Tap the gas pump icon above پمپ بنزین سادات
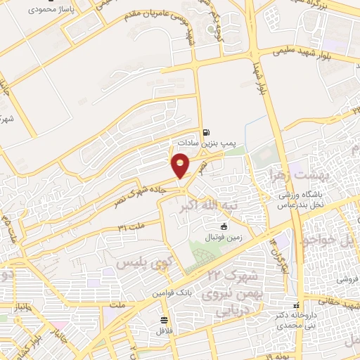click(206, 131)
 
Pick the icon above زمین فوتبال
click(224, 226)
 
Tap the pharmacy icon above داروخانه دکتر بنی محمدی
click(297, 305)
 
